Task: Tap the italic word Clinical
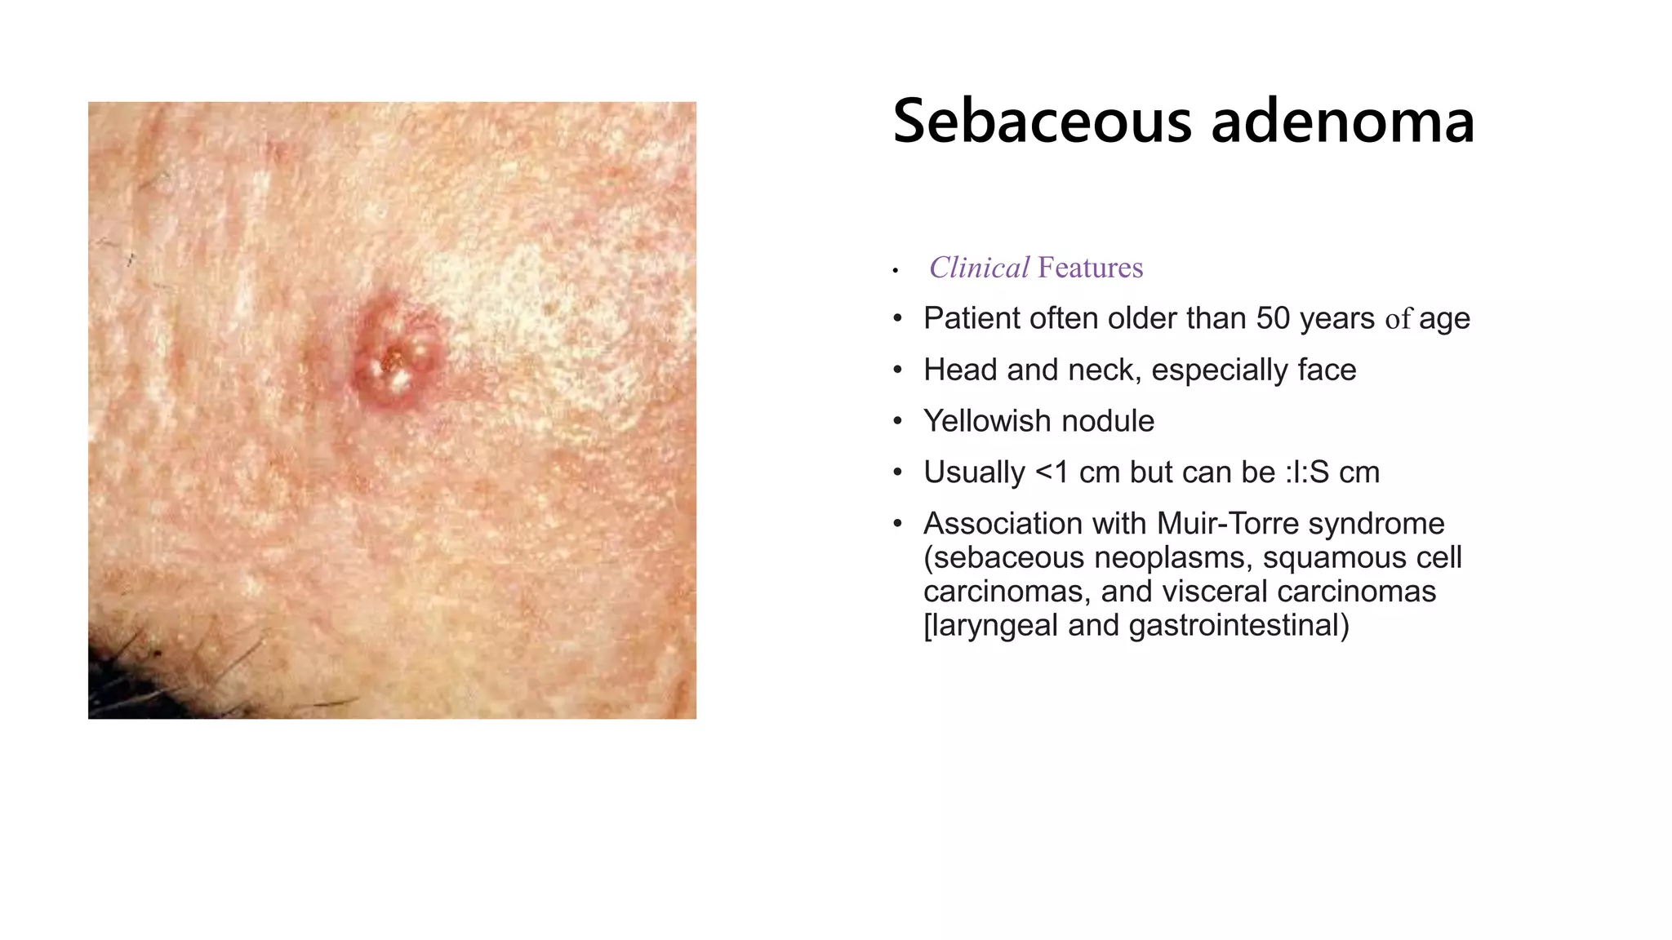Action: click(x=979, y=268)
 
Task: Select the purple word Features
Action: click(x=1090, y=268)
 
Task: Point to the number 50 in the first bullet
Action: click(x=1273, y=318)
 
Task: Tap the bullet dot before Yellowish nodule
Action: click(x=897, y=421)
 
